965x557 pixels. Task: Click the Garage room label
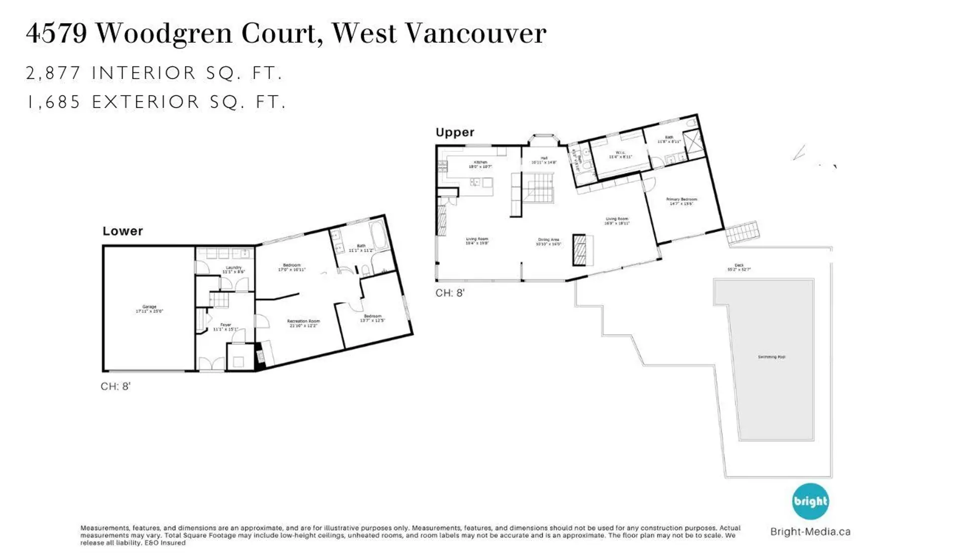(x=149, y=309)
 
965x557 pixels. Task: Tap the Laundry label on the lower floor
(x=234, y=269)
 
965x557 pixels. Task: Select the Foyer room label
(x=226, y=327)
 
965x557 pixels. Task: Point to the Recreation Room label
(x=304, y=323)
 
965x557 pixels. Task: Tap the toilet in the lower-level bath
(x=365, y=270)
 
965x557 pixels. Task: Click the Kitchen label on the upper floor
(x=480, y=164)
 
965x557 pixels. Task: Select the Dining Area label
(x=548, y=242)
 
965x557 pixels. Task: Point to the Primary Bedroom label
(x=682, y=201)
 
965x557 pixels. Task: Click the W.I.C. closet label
(x=620, y=154)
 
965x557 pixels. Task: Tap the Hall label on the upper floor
(x=544, y=160)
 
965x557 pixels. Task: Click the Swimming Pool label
(x=771, y=357)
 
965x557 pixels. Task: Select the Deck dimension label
(x=739, y=267)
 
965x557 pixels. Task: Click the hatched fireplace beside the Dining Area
(x=580, y=249)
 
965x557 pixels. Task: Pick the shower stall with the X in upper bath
(x=693, y=140)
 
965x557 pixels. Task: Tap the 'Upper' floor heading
(x=455, y=132)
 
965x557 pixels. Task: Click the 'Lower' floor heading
(x=123, y=231)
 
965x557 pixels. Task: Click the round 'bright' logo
(x=810, y=501)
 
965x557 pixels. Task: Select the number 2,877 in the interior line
(x=53, y=73)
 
